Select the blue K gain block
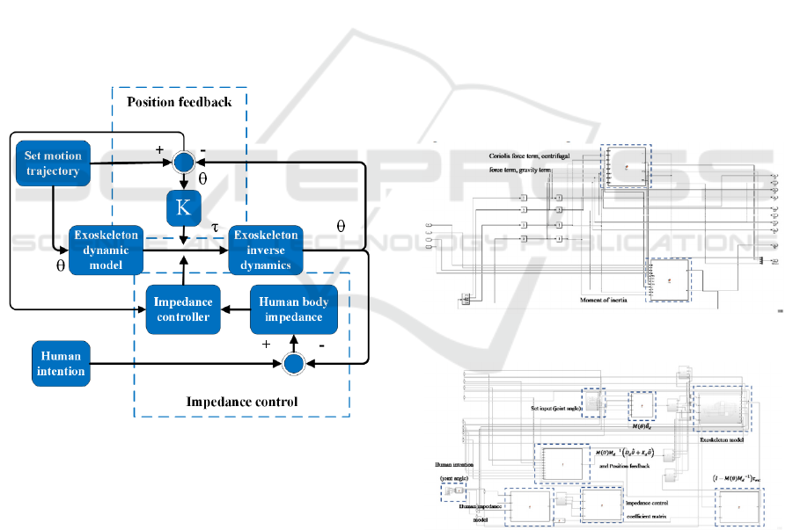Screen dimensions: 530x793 (x=184, y=207)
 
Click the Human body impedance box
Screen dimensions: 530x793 (x=292, y=309)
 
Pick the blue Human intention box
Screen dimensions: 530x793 (x=62, y=364)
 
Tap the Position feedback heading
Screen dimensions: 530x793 (x=180, y=102)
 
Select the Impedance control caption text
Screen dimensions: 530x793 (x=242, y=403)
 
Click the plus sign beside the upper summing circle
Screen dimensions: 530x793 (x=160, y=150)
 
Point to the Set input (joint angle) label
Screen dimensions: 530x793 (x=556, y=409)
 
